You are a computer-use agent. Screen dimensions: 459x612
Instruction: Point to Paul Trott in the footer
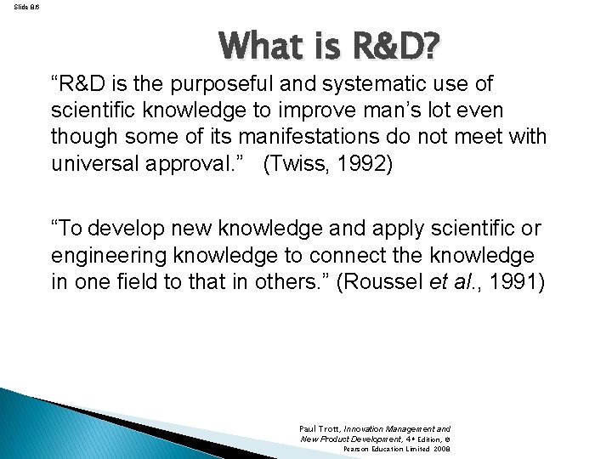tap(319, 429)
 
